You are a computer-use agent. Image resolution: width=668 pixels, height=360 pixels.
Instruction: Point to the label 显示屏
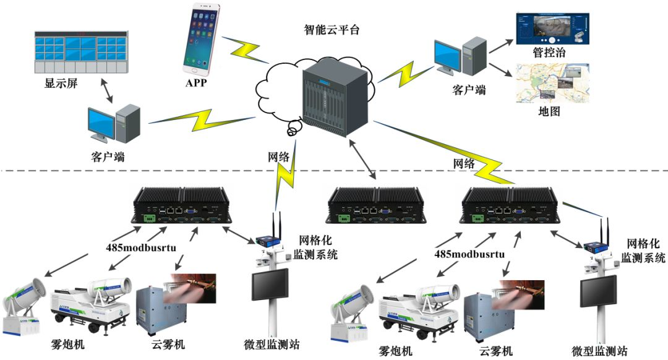(x=61, y=84)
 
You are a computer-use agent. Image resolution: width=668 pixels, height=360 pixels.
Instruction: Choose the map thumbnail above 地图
(x=552, y=84)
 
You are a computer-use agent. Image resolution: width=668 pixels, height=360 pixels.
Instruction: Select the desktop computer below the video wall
(x=114, y=122)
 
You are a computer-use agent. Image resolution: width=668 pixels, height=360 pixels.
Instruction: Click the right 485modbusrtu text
(x=469, y=254)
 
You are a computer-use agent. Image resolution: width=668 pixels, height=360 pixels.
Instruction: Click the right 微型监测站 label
(x=599, y=351)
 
